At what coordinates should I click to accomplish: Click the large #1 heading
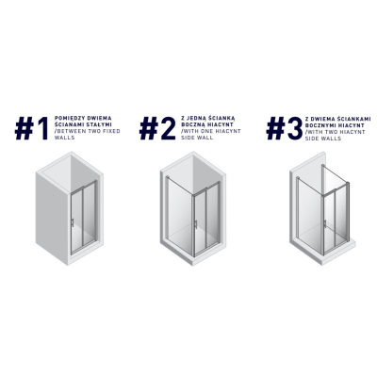pos(32,128)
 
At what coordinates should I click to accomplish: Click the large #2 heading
pos(157,128)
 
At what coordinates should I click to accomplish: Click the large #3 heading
pos(285,128)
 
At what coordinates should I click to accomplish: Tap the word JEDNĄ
pos(196,118)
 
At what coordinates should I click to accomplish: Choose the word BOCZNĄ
pos(192,124)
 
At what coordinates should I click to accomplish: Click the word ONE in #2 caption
pos(206,131)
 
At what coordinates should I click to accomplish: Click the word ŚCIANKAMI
pos(352,119)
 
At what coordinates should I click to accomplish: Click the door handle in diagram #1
pos(73,222)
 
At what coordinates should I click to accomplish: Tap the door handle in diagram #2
pos(196,224)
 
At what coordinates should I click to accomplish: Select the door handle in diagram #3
pos(325,223)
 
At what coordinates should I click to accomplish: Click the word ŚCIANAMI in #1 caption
pos(67,124)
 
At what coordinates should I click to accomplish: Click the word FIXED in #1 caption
pos(112,131)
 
